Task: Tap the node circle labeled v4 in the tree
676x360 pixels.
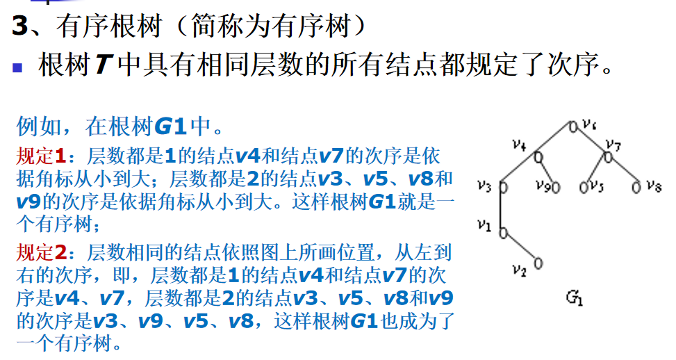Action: click(x=538, y=157)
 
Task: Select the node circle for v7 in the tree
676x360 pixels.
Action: click(x=608, y=157)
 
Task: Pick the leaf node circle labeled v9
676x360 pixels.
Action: click(x=556, y=188)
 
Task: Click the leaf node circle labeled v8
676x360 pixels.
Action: click(x=636, y=188)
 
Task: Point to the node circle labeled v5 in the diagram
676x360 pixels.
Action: click(x=584, y=188)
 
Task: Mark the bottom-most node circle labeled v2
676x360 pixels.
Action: click(x=538, y=263)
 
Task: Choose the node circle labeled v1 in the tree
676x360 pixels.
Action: click(x=503, y=233)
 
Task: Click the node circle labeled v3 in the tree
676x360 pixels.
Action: click(x=503, y=188)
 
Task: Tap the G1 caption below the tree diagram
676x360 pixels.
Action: click(x=575, y=297)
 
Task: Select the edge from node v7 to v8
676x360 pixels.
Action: click(x=622, y=172)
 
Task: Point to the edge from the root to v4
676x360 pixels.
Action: click(x=556, y=142)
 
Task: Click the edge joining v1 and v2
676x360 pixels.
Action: click(x=520, y=248)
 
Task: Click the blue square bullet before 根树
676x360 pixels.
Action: click(x=17, y=67)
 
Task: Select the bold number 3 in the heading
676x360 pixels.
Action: click(x=20, y=26)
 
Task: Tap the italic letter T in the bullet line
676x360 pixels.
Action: click(x=104, y=65)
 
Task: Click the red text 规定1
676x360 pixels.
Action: click(x=41, y=156)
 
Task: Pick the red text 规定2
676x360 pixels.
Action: click(x=41, y=253)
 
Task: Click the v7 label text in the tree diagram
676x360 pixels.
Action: click(x=613, y=145)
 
